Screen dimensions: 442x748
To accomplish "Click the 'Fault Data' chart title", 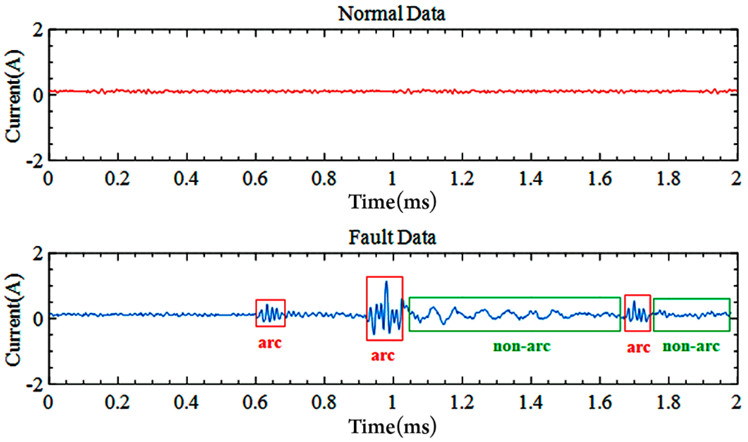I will coord(392,238).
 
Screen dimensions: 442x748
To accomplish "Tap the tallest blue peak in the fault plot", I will coord(386,282).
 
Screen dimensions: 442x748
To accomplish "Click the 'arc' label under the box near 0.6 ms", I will coord(270,343).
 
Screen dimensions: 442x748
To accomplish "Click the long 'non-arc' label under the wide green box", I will coord(522,346).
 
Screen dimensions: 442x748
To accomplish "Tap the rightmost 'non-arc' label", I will coord(691,346).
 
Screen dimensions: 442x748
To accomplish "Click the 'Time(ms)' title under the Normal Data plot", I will coord(392,202).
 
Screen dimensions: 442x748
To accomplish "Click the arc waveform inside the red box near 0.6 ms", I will coord(270,314).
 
